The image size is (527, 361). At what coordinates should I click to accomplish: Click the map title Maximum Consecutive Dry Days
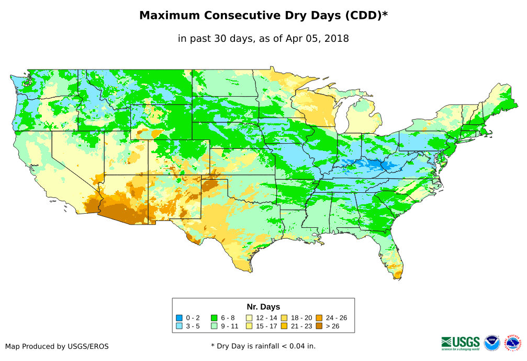[x=263, y=16]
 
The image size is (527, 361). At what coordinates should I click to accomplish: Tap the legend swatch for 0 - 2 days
[x=180, y=318]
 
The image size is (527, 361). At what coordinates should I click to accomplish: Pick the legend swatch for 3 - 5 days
[x=180, y=326]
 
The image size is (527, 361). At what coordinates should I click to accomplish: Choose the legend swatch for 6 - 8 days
[x=214, y=318]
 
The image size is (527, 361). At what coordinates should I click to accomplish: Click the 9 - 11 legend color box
[x=214, y=326]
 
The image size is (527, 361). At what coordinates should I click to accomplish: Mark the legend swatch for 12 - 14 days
[x=249, y=318]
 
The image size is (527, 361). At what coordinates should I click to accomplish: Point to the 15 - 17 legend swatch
[x=249, y=326]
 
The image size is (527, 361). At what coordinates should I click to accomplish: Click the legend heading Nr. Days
[x=263, y=307]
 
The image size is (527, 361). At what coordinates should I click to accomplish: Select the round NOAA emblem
[x=492, y=343]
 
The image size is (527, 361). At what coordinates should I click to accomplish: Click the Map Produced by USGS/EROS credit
[x=57, y=346]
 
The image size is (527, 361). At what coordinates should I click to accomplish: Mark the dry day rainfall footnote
[x=263, y=346]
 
